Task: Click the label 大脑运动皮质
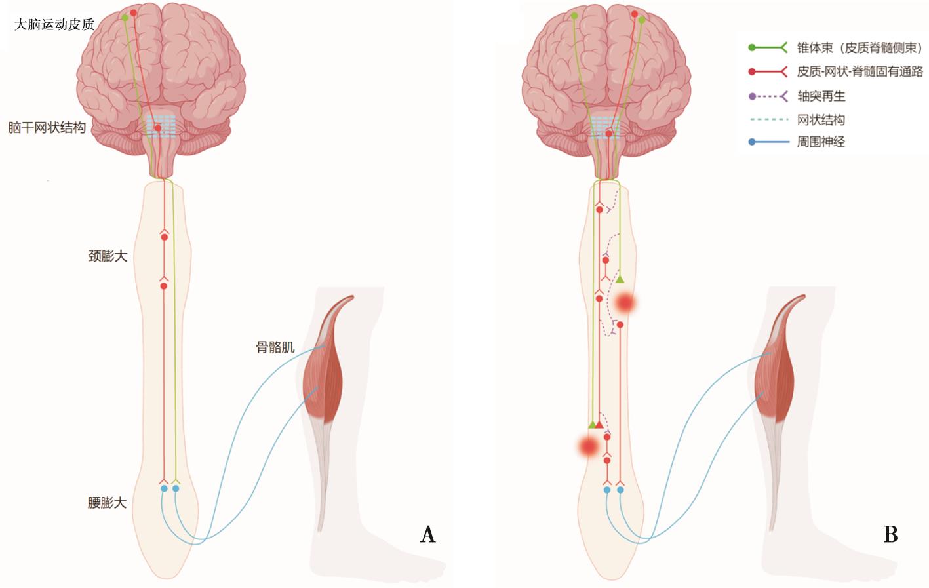54,25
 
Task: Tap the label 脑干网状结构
47,128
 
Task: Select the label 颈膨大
108,256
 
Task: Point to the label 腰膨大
107,503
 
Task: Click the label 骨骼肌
275,347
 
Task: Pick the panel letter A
427,534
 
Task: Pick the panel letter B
890,534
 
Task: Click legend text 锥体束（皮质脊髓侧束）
859,48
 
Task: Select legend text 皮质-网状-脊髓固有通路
860,71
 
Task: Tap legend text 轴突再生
821,96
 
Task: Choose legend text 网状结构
821,120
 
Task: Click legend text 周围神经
821,142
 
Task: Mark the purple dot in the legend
752,96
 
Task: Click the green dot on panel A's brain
125,18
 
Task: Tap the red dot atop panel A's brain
134,12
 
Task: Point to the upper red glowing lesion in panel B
625,303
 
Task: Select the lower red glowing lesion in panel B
588,446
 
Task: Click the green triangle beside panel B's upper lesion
620,280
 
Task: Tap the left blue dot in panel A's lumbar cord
164,488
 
